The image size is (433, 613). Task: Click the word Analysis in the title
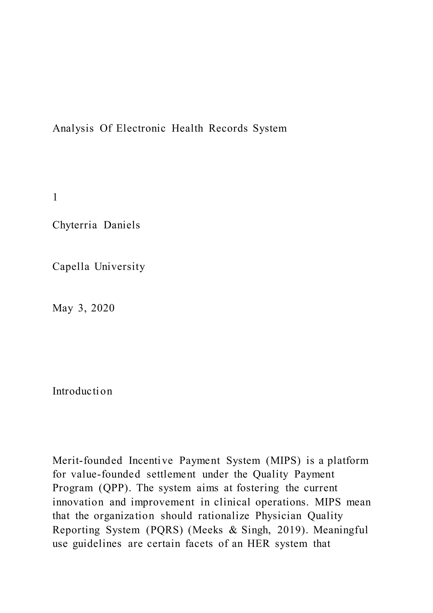tap(73, 129)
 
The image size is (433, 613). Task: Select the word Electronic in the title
tap(141, 129)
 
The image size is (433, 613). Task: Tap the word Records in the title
tap(228, 129)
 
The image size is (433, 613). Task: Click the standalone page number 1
tap(55, 197)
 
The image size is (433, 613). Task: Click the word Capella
tap(71, 267)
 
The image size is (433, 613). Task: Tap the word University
tap(120, 267)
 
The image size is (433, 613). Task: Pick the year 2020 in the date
tap(103, 308)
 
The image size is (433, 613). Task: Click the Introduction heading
tap(82, 391)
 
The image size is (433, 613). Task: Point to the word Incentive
tap(151, 461)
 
